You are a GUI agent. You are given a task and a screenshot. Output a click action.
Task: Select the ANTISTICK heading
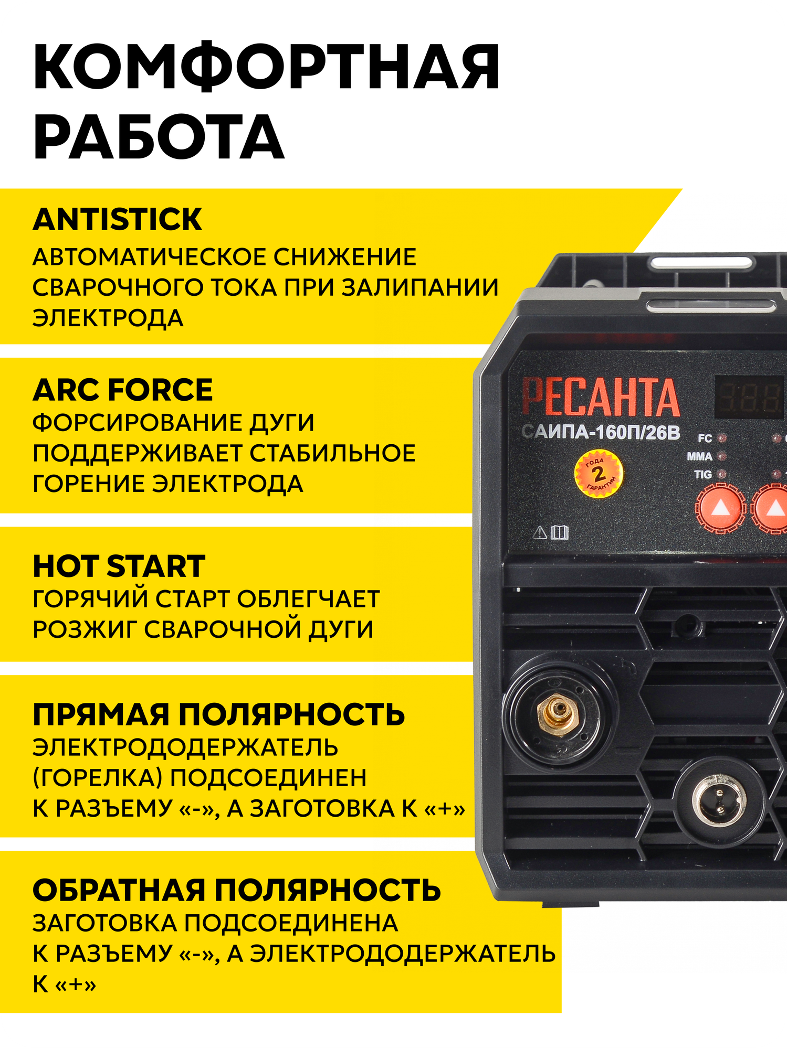117,219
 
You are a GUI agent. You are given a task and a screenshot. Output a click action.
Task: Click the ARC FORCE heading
123,390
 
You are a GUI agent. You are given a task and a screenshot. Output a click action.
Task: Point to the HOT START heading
119,566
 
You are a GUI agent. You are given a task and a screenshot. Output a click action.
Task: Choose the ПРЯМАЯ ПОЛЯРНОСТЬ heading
219,714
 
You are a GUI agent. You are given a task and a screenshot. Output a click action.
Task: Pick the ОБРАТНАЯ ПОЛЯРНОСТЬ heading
237,891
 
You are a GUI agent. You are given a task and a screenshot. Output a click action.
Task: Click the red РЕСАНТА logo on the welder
600,398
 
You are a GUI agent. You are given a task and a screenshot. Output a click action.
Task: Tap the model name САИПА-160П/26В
601,433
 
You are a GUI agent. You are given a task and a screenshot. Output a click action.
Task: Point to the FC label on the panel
705,438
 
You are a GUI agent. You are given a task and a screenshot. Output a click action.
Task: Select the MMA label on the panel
700,457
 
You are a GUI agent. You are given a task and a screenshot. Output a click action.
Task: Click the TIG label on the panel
703,475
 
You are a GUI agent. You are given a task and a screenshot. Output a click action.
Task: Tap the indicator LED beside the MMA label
722,457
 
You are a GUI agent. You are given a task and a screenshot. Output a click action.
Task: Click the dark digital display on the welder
750,397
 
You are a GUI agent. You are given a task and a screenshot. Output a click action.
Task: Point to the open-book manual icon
560,533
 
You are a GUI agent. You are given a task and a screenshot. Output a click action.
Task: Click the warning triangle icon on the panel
540,533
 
